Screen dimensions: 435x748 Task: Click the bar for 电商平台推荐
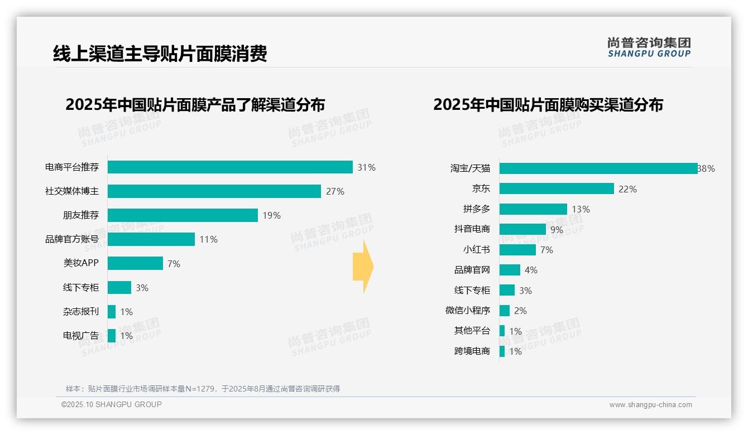[230, 167]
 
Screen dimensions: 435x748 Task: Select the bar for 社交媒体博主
[214, 191]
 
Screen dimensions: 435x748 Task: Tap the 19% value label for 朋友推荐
[271, 215]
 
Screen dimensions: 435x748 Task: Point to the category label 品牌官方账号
[72, 239]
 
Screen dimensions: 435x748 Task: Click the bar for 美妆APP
[135, 263]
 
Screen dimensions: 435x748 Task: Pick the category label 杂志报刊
[81, 312]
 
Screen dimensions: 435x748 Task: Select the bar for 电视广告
[112, 336]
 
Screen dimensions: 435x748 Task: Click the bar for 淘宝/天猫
[598, 168]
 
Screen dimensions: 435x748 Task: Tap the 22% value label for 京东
[627, 189]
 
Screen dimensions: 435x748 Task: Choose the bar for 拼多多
[533, 209]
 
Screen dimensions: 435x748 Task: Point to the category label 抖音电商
[472, 229]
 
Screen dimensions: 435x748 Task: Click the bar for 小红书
[517, 250]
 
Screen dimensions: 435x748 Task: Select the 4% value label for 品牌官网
[531, 270]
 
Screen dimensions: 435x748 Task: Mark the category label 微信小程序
[468, 310]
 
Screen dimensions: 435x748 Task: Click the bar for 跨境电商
[502, 351]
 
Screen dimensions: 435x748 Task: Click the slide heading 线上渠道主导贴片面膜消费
[160, 54]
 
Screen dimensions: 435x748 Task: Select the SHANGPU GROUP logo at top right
[649, 47]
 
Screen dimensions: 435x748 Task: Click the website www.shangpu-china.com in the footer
[650, 405]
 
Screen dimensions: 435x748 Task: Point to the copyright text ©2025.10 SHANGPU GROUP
[112, 404]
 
